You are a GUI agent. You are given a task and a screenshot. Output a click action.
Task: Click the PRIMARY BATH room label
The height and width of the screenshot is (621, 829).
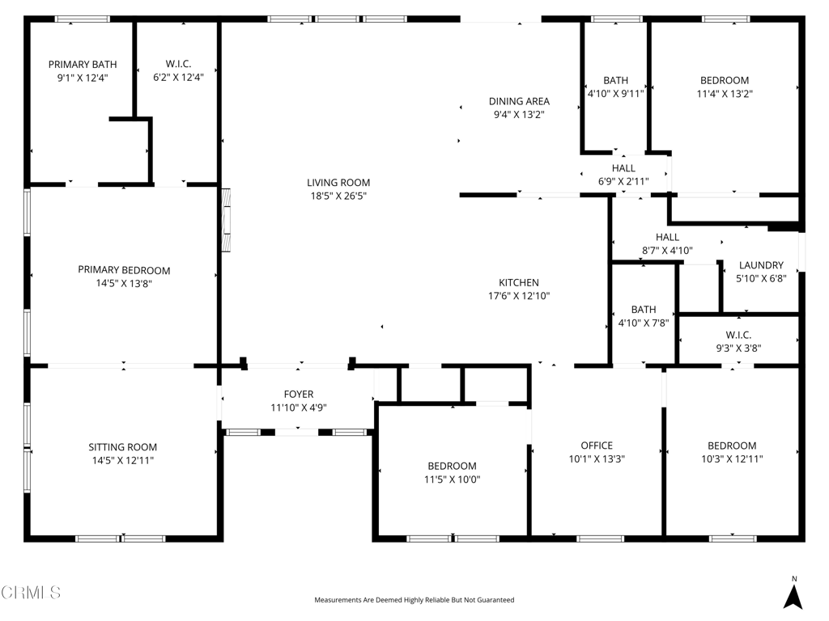tap(82, 65)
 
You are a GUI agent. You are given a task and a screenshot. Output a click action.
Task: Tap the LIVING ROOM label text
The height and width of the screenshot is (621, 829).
tap(338, 183)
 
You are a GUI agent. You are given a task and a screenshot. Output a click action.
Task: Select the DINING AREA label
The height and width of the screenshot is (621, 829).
tap(519, 101)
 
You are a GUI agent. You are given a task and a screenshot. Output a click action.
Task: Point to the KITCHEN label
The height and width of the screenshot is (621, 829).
tap(518, 283)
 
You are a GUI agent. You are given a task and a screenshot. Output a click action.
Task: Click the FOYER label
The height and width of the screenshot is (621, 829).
tap(298, 395)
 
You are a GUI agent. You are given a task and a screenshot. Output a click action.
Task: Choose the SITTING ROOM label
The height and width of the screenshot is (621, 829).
tap(123, 447)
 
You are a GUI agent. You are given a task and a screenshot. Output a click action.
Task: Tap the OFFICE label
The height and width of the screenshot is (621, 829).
tap(597, 446)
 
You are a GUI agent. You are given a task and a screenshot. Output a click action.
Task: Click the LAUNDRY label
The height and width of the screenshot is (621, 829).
tap(761, 265)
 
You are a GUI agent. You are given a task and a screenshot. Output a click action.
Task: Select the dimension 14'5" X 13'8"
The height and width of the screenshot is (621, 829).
tap(124, 283)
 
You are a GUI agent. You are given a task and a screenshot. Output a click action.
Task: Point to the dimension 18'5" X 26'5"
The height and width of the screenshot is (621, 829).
tap(338, 196)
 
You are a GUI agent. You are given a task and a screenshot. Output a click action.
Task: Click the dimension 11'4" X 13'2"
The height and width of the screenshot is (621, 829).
tap(724, 94)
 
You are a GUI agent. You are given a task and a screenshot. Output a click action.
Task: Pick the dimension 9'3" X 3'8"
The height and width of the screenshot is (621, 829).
tap(738, 349)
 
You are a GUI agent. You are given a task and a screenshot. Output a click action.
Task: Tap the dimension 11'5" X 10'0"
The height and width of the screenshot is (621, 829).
tap(452, 479)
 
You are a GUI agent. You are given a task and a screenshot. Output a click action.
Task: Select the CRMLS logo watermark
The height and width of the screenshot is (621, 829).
tap(31, 593)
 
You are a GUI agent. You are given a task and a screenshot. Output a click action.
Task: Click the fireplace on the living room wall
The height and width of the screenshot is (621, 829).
tap(226, 220)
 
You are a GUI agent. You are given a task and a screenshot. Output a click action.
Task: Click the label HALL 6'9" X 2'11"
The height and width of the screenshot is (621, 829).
tap(623, 175)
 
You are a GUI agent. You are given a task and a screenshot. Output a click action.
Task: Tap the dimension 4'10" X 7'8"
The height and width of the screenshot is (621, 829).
tap(644, 323)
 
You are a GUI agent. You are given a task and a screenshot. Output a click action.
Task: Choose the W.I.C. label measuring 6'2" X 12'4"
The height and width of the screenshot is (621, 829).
tap(178, 71)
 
